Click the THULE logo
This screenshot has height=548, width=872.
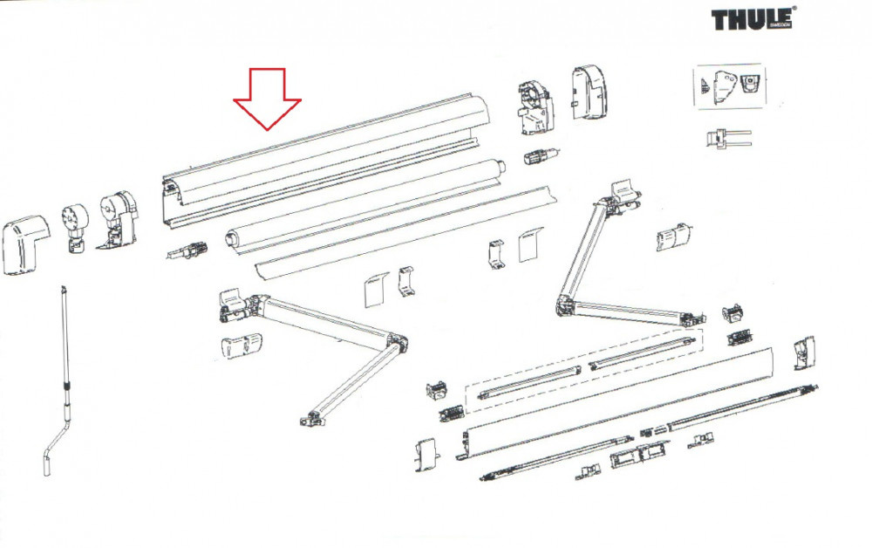(x=752, y=19)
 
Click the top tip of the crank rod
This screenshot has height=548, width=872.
(x=65, y=287)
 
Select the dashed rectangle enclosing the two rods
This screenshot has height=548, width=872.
(x=584, y=367)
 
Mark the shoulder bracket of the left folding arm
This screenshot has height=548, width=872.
(x=234, y=305)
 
